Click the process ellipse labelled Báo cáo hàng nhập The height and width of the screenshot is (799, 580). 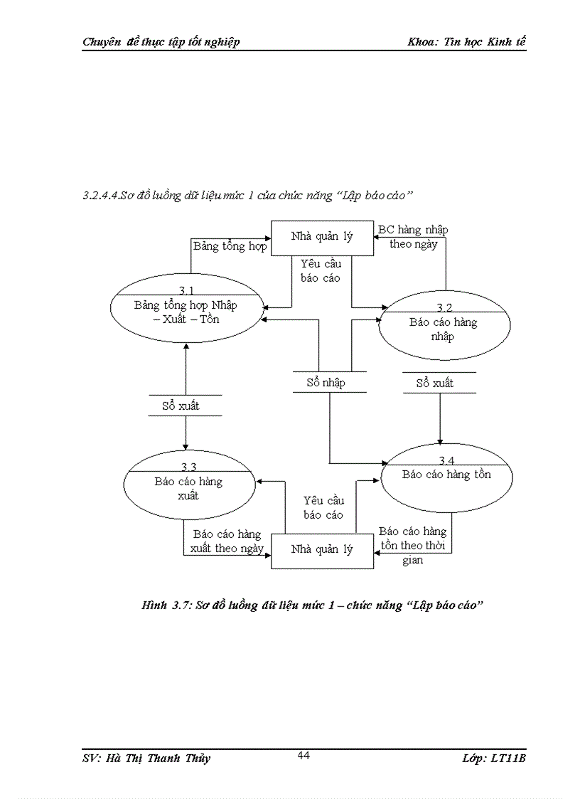(444, 329)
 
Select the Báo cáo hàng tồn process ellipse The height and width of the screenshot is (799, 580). (446, 475)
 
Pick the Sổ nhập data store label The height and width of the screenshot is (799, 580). (326, 383)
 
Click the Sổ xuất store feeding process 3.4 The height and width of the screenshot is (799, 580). (435, 383)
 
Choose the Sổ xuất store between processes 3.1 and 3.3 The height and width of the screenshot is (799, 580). (186, 406)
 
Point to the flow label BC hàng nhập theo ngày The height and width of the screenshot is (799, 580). (413, 237)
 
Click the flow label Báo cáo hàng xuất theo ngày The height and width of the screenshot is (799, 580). (227, 541)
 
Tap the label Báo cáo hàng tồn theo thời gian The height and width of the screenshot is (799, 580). (412, 545)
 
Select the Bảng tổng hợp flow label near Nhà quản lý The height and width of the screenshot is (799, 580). (230, 246)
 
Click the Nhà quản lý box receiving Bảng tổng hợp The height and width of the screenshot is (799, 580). (322, 237)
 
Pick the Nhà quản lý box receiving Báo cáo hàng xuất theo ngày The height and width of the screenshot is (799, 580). (322, 549)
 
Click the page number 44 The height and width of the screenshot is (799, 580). (304, 756)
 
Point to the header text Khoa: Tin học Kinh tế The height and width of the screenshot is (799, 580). (466, 41)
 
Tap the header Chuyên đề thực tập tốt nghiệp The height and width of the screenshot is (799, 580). (161, 41)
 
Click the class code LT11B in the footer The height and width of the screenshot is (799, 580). (507, 758)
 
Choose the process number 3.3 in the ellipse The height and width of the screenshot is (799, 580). (188, 467)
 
